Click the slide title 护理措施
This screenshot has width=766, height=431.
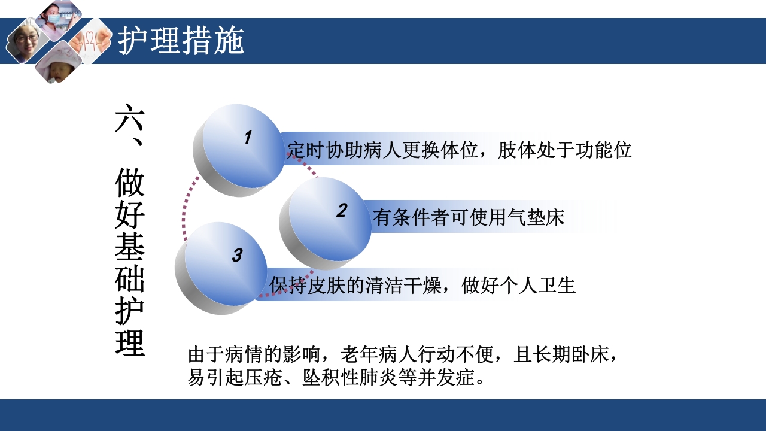coord(181,41)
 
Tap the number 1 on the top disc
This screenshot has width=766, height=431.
coord(248,138)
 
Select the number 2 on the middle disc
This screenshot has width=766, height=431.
coord(342,210)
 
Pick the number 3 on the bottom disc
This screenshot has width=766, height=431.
coord(237,255)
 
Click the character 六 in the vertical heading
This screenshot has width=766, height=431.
coord(130,120)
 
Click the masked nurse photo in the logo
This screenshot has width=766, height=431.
coord(58,19)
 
